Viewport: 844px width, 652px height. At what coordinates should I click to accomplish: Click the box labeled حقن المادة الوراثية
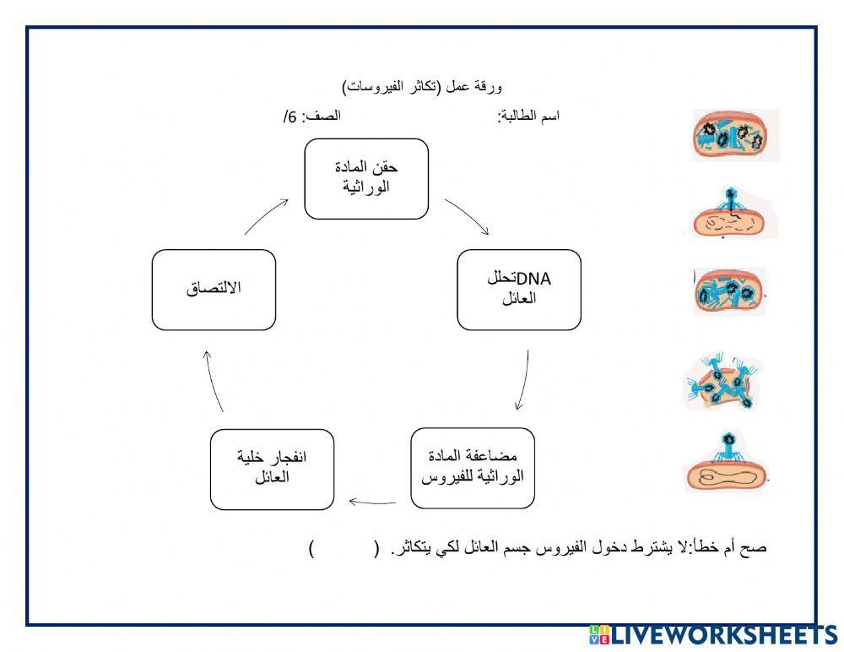[x=366, y=179]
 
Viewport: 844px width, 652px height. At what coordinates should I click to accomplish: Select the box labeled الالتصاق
[x=214, y=290]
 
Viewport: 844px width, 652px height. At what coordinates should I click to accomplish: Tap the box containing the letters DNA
[x=519, y=290]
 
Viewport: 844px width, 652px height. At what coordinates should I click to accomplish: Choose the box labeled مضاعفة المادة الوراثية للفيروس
[x=472, y=469]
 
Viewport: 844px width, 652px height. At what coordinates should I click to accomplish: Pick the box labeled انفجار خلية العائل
[x=272, y=469]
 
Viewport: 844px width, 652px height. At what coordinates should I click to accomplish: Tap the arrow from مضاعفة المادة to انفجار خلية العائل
[x=372, y=503]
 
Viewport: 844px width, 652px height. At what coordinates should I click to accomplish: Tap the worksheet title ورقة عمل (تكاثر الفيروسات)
[x=423, y=87]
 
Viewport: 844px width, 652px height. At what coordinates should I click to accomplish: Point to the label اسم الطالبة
[x=528, y=117]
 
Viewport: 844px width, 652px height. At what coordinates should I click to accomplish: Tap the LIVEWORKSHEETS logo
[x=711, y=636]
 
